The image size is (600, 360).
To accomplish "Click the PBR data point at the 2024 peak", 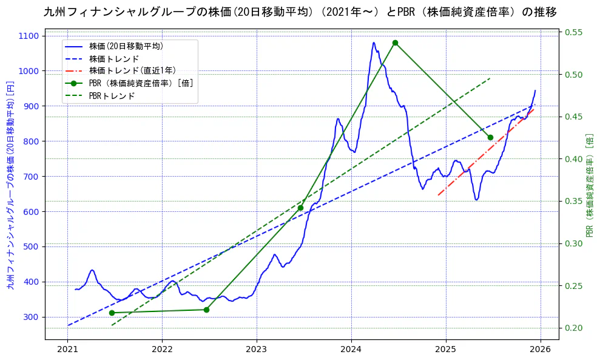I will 395,42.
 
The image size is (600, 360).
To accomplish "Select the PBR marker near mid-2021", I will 112,313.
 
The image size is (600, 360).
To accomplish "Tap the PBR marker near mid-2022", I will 206,310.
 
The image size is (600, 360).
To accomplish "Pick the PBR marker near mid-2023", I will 300,208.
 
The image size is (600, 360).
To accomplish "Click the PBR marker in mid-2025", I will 490,137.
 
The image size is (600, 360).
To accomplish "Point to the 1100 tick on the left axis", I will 30,36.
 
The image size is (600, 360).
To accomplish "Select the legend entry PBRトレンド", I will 112,96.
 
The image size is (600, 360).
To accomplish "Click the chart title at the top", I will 300,12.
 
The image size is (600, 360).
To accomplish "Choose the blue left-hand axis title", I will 10,185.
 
